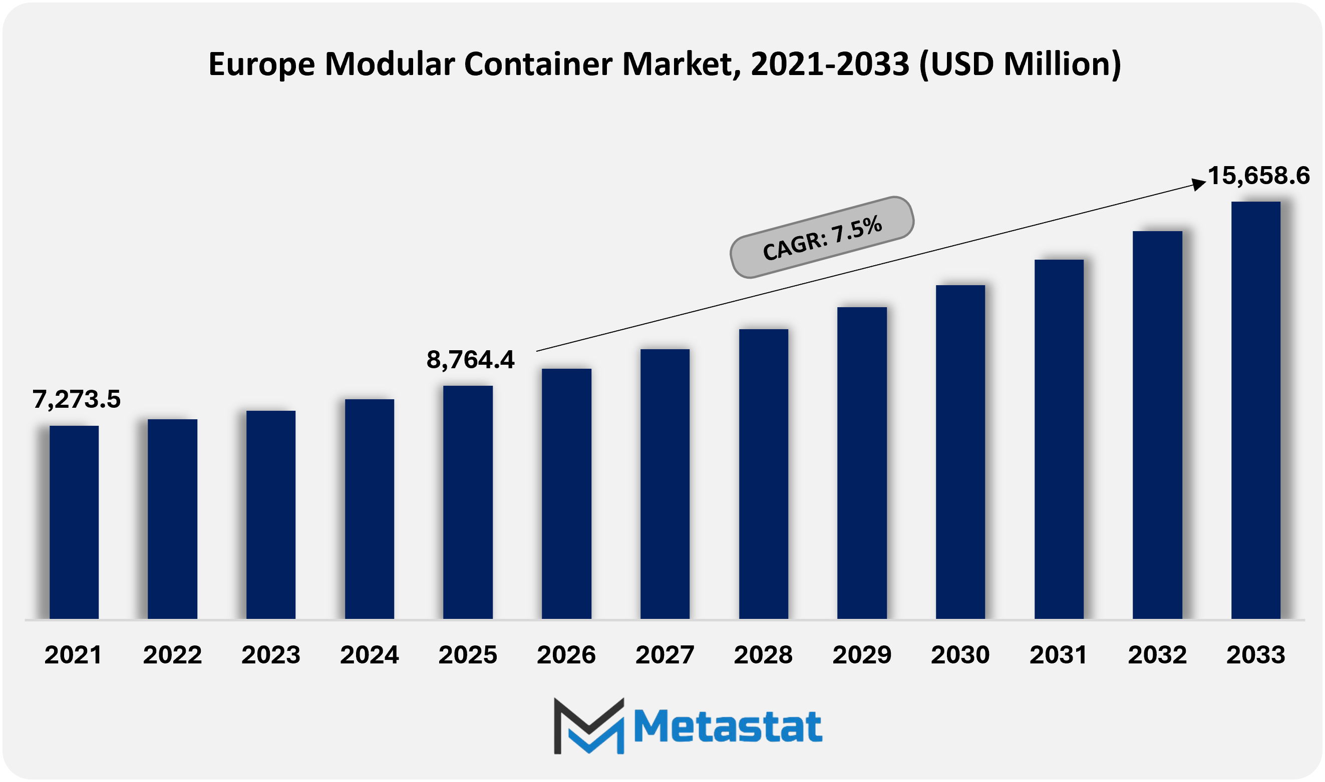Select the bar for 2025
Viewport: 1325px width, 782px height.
point(468,502)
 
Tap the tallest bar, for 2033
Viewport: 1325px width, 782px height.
point(1255,410)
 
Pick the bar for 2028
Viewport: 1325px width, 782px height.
point(764,474)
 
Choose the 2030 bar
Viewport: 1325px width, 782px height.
point(960,452)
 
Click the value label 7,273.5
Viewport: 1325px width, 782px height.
point(77,399)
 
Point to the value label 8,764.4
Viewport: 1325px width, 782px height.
point(470,360)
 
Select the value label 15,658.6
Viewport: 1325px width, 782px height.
point(1258,176)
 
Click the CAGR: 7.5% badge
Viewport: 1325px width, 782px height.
point(821,238)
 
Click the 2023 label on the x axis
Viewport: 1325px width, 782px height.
point(270,655)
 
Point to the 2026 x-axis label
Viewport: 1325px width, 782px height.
point(566,655)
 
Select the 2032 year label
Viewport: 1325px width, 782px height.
point(1157,655)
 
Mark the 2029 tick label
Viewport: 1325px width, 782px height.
point(861,655)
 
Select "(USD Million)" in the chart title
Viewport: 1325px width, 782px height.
point(1020,64)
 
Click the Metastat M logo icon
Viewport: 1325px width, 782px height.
point(588,725)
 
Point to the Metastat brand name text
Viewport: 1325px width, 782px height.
point(728,726)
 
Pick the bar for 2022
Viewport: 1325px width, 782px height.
point(172,518)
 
